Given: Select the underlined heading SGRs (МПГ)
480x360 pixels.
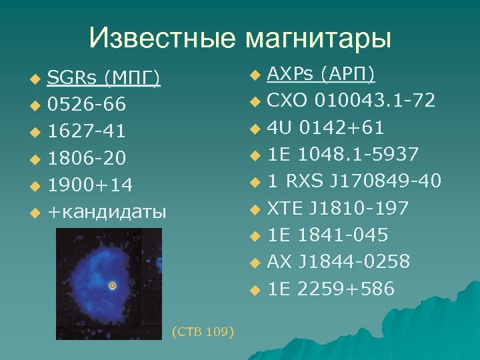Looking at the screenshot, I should pyautogui.click(x=104, y=79).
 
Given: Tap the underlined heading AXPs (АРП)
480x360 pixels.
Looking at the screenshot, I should pyautogui.click(x=321, y=73).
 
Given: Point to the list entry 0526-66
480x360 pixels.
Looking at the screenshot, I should pyautogui.click(x=86, y=105).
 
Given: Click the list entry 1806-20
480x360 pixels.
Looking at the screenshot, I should pyautogui.click(x=87, y=159).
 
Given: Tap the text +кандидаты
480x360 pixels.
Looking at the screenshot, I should pyautogui.click(x=107, y=212).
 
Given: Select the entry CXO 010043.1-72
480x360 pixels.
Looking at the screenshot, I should pyautogui.click(x=351, y=101).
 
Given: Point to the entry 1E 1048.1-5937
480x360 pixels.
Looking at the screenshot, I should pyautogui.click(x=343, y=155).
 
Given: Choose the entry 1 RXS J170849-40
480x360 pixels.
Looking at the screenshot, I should pyautogui.click(x=354, y=181).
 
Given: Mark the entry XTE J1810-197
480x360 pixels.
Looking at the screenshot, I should pyautogui.click(x=337, y=209).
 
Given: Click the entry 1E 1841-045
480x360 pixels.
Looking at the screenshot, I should pyautogui.click(x=327, y=235).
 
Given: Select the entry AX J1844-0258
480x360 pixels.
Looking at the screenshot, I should pyautogui.click(x=338, y=262).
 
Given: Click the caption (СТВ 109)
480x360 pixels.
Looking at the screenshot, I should pyautogui.click(x=203, y=331).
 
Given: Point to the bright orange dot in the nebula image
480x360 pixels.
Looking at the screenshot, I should pyautogui.click(x=112, y=285).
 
